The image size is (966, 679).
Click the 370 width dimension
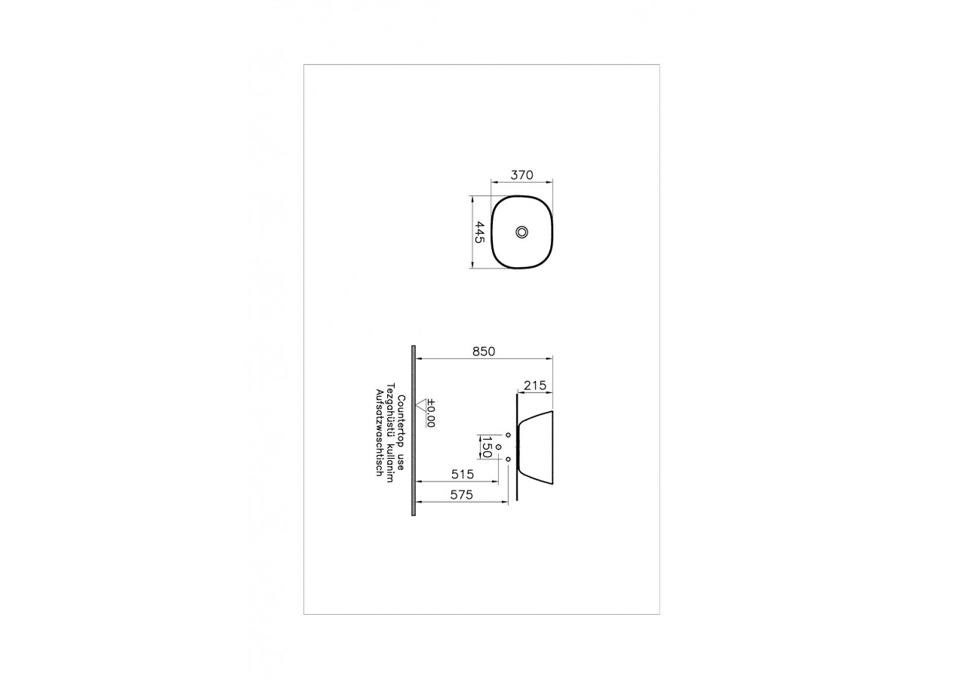[521, 175]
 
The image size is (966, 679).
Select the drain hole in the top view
[522, 232]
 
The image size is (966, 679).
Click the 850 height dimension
[483, 351]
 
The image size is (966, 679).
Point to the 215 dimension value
[534, 386]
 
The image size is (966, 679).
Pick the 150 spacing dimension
[486, 447]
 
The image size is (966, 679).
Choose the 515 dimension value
[461, 475]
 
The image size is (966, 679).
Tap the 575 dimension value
[461, 496]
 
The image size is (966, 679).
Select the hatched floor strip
[414, 430]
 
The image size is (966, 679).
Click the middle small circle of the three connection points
[499, 447]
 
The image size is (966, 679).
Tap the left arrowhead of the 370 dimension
[494, 182]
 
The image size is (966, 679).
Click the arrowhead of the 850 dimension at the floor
[420, 358]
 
